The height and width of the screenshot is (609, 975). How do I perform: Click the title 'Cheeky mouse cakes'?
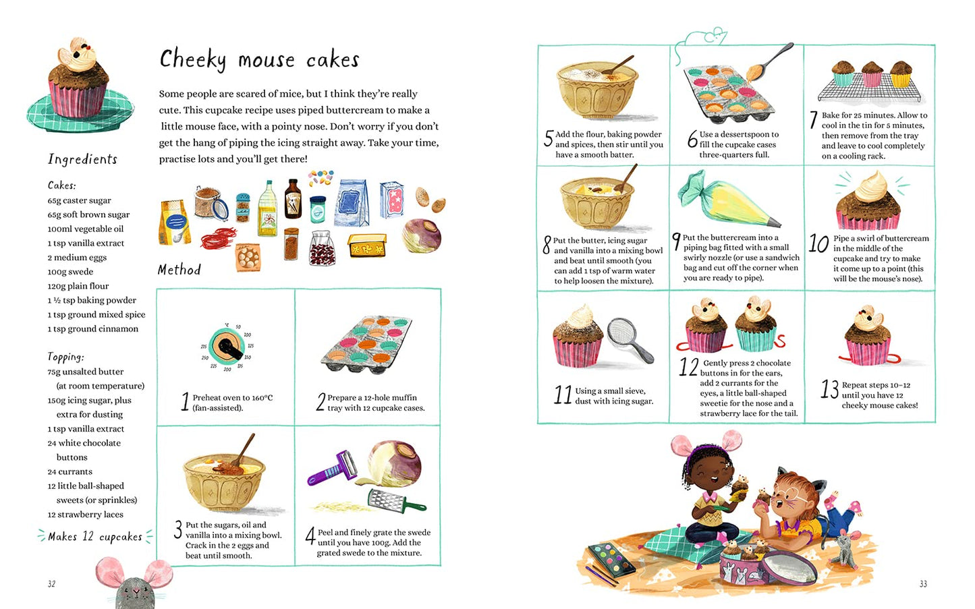(x=259, y=60)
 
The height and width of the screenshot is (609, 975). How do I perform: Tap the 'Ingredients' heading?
(x=82, y=159)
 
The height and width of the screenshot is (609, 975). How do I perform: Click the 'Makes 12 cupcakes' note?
(x=94, y=537)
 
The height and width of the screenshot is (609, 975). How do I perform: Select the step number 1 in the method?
(x=185, y=402)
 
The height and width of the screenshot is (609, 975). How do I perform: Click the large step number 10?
(x=818, y=243)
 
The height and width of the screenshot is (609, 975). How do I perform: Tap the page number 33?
(x=923, y=583)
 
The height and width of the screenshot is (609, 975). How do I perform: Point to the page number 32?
(x=51, y=583)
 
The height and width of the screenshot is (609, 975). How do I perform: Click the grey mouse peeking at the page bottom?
(x=134, y=585)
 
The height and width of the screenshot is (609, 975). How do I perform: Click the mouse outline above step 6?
(x=703, y=38)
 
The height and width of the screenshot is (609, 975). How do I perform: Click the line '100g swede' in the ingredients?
(x=70, y=272)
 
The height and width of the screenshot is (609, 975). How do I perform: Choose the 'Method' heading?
(x=179, y=270)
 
